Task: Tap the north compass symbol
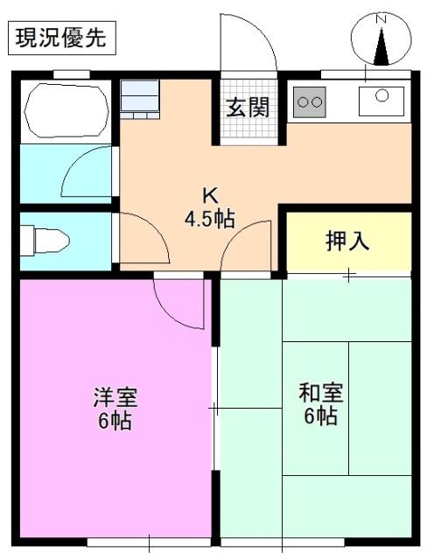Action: pos(381,40)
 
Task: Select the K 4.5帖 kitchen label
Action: pos(209,206)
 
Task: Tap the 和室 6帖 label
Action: pos(320,403)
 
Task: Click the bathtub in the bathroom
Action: pos(66,111)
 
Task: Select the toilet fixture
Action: pos(44,237)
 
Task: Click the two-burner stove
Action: pos(308,101)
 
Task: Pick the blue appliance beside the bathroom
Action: pos(140,97)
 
